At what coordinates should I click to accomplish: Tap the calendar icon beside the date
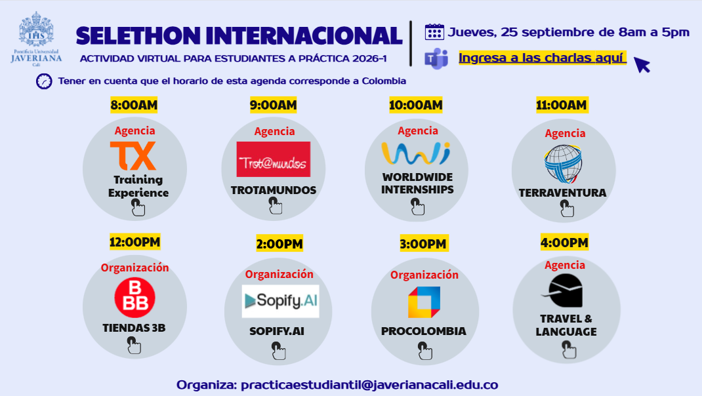[x=434, y=32]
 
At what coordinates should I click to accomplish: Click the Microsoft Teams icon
[x=435, y=58]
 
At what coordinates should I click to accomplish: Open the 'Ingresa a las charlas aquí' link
[x=542, y=58]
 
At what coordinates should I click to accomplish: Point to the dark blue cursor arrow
[x=641, y=64]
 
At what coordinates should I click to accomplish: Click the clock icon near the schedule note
[x=44, y=81]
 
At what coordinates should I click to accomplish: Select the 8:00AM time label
[x=134, y=105]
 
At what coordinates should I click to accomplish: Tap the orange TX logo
[x=133, y=155]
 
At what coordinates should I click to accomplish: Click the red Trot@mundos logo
[x=274, y=159]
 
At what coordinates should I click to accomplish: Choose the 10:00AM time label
[x=416, y=105]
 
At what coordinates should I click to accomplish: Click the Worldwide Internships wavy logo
[x=416, y=153]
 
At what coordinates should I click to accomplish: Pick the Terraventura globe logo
[x=563, y=163]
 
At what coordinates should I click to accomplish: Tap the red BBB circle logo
[x=134, y=298]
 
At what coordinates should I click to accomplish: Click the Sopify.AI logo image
[x=280, y=302]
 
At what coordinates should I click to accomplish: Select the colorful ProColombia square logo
[x=424, y=302]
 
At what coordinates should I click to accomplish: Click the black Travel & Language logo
[x=565, y=291]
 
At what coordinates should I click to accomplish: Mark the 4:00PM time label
[x=564, y=243]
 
